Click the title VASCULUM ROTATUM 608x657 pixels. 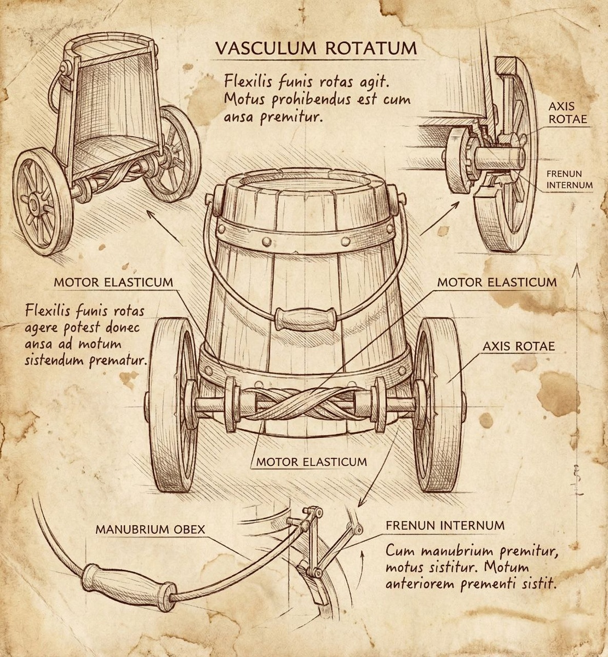pos(316,48)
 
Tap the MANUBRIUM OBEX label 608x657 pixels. pos(150,529)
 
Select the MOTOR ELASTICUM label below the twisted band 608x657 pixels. pos(312,462)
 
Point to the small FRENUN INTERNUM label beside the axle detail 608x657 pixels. pos(569,180)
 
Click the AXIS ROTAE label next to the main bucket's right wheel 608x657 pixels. pos(518,346)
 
